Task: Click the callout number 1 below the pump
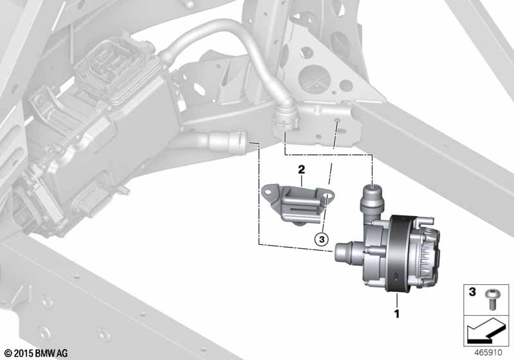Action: tap(396, 315)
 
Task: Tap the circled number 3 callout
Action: tap(321, 239)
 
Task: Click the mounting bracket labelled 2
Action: tap(292, 201)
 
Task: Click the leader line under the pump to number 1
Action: tap(396, 300)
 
